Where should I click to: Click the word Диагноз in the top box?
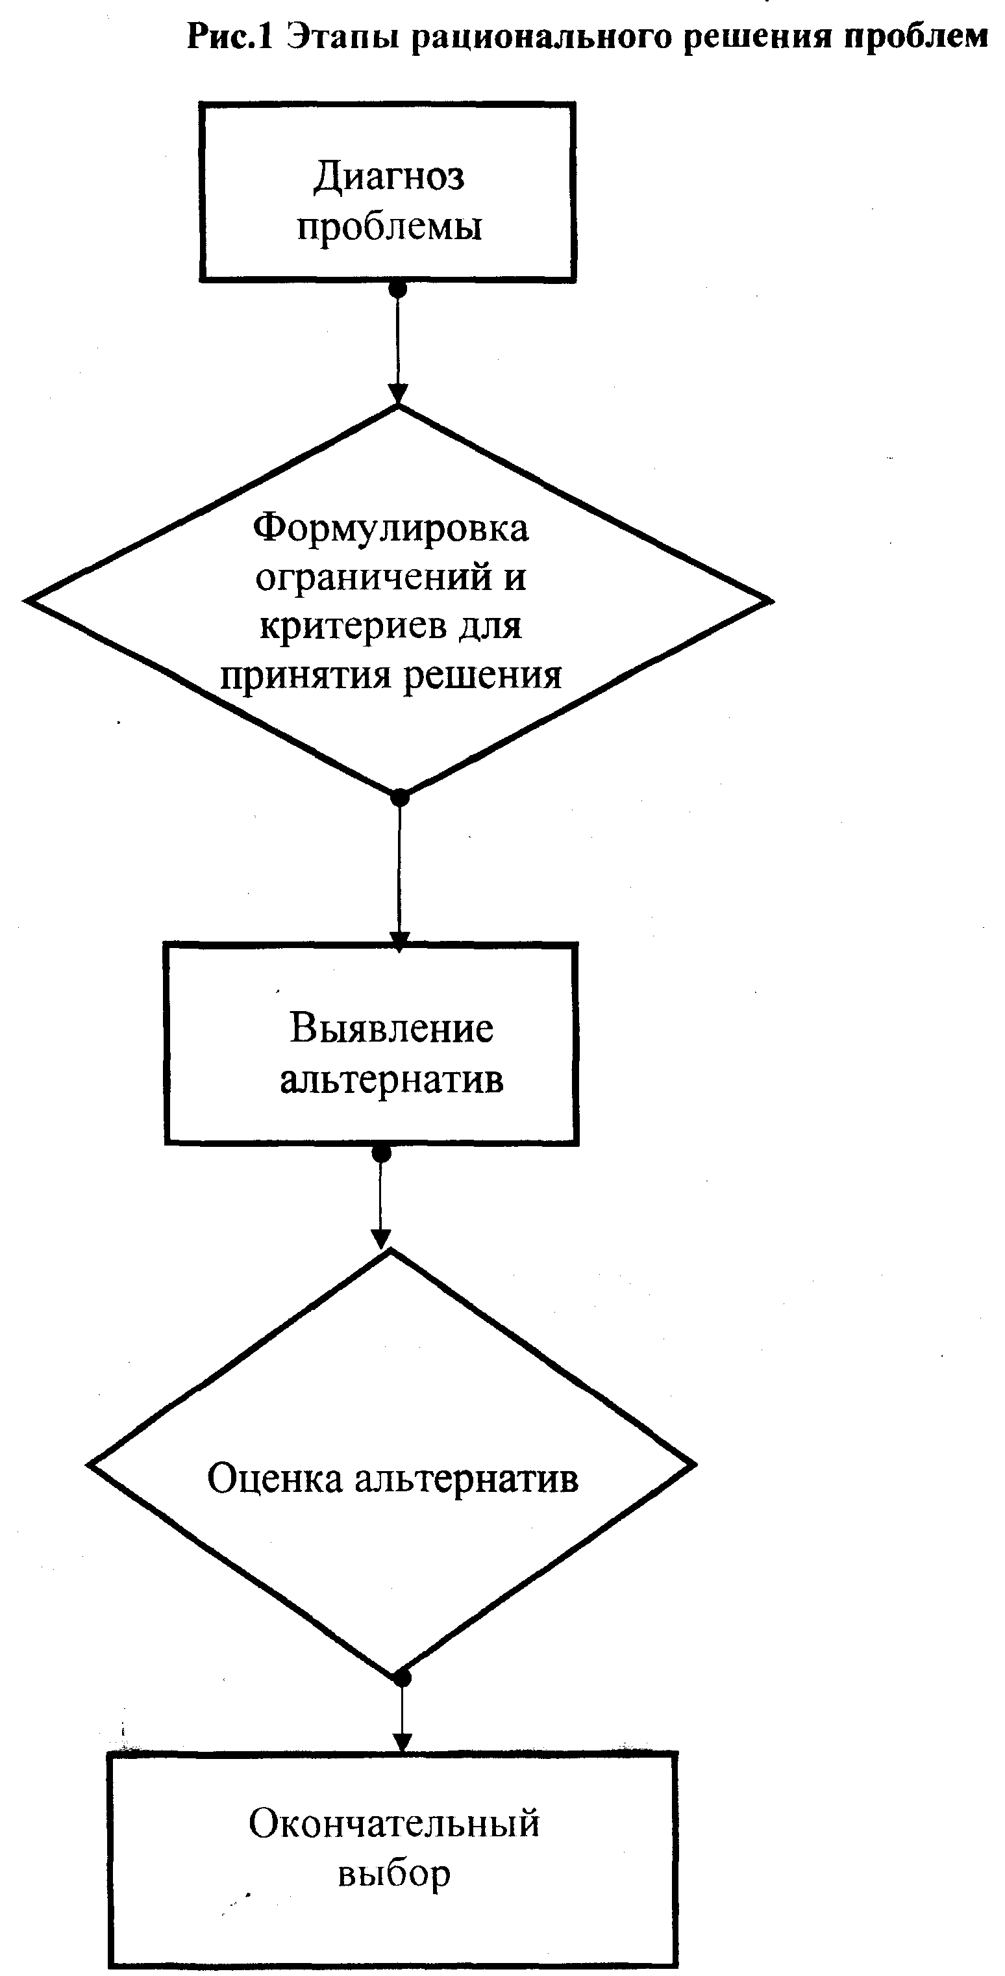(x=389, y=177)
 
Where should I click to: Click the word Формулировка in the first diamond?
(x=391, y=528)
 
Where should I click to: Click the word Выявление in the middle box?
(x=391, y=1029)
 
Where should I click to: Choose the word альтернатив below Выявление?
(x=391, y=1079)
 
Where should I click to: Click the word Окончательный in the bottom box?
(x=394, y=1824)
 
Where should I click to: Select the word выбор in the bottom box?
(x=394, y=1874)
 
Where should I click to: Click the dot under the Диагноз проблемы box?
(x=397, y=289)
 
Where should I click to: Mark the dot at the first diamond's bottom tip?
(x=399, y=798)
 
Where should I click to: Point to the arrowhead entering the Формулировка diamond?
(x=397, y=392)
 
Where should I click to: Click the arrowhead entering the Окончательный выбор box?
(x=402, y=1741)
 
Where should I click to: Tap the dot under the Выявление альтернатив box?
(x=381, y=1153)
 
